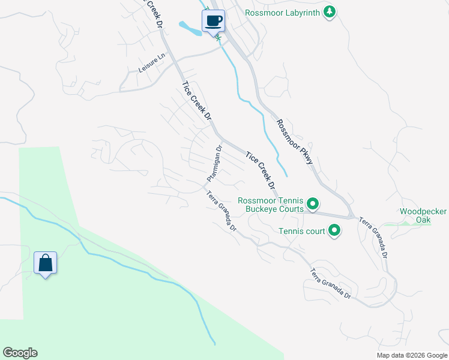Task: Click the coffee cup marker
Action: [214, 22]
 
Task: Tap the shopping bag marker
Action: [46, 263]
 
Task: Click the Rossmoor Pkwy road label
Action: [295, 140]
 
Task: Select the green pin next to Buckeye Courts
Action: [312, 204]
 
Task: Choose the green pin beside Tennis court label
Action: [334, 230]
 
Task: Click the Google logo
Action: [20, 353]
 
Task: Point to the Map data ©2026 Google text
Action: [411, 355]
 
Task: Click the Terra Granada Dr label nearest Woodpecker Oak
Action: [374, 238]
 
